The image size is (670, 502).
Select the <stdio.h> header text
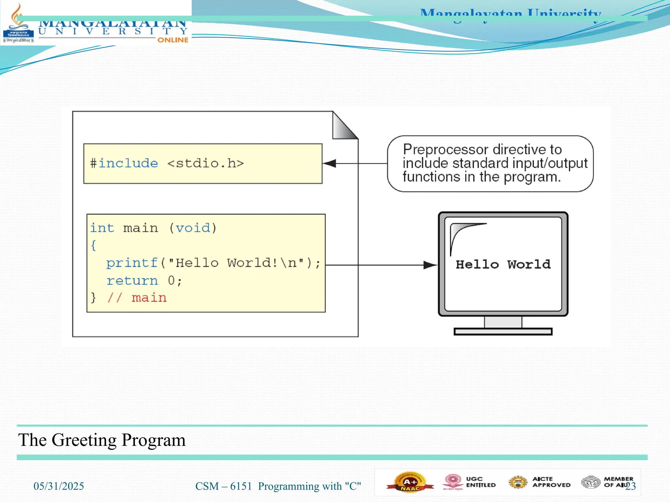tap(205, 163)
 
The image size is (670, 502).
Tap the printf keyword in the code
tap(132, 263)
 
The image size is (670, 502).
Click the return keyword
tap(132, 280)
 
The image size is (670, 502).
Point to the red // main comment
tap(137, 298)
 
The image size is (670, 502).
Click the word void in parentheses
tap(193, 228)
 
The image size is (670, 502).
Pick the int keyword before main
tap(102, 228)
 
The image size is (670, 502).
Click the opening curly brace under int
tap(94, 245)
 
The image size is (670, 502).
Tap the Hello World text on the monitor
tap(503, 264)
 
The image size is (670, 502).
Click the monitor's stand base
tap(503, 332)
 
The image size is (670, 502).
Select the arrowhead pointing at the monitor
tap(430, 265)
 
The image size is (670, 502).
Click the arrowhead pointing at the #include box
tap(330, 163)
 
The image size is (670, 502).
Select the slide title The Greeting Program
tap(102, 440)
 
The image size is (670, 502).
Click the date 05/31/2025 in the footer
tap(59, 486)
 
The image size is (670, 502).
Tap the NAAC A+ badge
tap(410, 482)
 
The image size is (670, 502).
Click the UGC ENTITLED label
tap(480, 482)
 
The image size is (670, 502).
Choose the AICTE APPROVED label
tap(551, 482)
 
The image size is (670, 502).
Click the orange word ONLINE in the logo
tap(173, 40)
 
